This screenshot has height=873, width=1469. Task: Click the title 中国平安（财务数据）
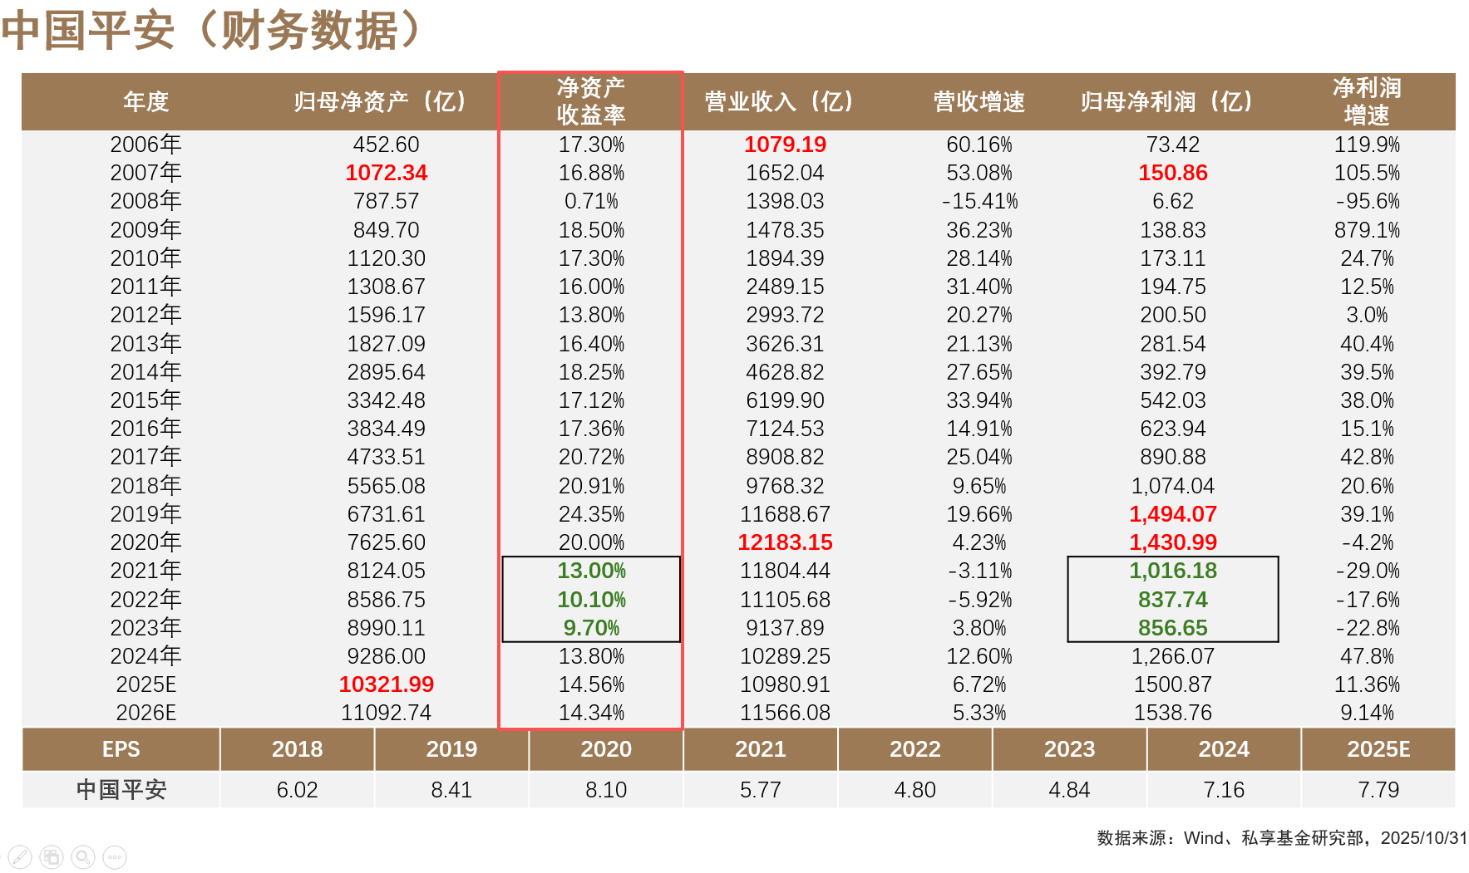pos(212,30)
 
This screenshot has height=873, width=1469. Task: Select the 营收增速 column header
pos(979,101)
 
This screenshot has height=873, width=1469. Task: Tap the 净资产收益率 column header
pos(590,101)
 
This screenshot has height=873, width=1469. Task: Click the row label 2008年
pos(145,201)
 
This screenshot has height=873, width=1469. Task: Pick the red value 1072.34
pos(386,173)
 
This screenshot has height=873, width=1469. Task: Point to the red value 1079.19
pos(785,145)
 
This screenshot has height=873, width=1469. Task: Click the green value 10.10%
pos(591,600)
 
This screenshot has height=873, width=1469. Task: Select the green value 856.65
pos(1172,628)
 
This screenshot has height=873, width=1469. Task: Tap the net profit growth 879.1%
pos(1367,230)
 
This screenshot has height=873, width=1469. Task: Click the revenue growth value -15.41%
pos(979,201)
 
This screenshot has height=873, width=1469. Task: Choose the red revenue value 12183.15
pos(785,542)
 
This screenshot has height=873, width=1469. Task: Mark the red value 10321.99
pos(386,684)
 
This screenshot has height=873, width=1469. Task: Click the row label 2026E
pos(145,713)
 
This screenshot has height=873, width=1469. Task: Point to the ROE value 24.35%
pos(591,514)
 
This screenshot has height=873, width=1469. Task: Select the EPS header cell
pos(121,749)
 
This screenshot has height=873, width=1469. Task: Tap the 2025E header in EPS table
pos(1378,749)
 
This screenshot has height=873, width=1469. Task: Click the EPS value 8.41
pos(451,790)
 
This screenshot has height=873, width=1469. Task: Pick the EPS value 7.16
pos(1223,790)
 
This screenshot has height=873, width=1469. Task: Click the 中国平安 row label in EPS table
pos(121,790)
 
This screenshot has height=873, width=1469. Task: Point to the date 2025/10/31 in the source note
pos(1423,838)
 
